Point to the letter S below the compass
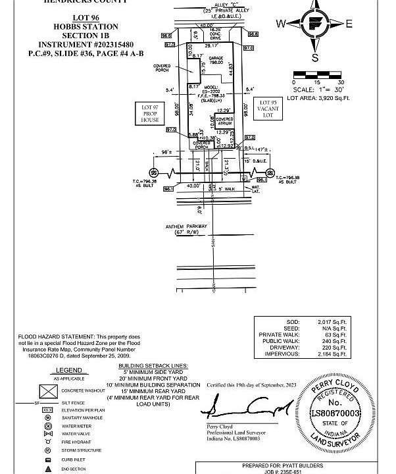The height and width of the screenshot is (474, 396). [314, 58]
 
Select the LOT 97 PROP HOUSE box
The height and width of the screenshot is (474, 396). [150, 114]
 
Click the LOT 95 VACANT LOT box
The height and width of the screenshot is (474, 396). [267, 109]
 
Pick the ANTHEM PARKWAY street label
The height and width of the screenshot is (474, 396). [186, 226]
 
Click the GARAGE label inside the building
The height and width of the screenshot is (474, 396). [216, 59]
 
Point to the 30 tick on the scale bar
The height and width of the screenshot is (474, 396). [341, 82]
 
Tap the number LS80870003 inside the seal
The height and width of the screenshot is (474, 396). [335, 412]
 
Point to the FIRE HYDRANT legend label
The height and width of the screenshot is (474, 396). [75, 442]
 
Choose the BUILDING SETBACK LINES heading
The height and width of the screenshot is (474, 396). [153, 365]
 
